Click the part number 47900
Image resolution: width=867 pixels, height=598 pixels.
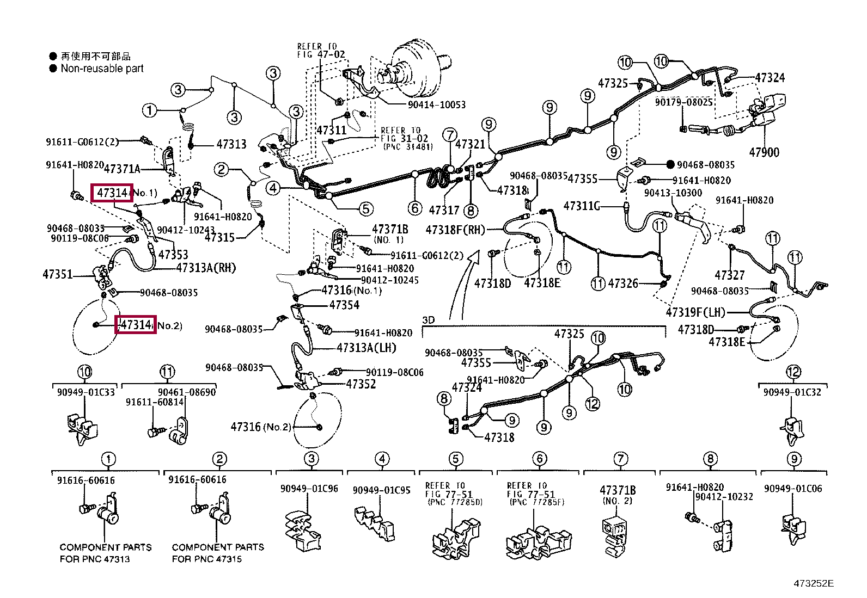tap(764, 152)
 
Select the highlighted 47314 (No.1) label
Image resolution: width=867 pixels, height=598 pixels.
tap(112, 193)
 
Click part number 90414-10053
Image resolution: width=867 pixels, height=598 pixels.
tap(436, 104)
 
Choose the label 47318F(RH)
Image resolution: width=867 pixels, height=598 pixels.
tap(455, 230)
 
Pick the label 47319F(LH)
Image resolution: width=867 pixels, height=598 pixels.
tap(695, 312)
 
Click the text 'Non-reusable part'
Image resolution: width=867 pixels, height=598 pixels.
tap(102, 69)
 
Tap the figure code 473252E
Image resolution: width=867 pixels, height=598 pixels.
tap(814, 583)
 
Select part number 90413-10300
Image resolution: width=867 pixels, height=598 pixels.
tap(673, 193)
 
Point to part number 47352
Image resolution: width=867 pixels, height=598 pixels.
tap(361, 384)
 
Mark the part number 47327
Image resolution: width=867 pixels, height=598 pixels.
tap(729, 275)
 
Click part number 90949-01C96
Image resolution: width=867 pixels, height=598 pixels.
tap(309, 489)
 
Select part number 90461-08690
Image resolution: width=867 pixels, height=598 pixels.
tap(187, 392)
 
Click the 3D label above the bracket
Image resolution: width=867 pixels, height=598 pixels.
tap(429, 320)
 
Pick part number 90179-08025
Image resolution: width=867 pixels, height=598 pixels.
tap(683, 102)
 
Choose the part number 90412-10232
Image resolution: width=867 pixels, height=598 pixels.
tap(724, 496)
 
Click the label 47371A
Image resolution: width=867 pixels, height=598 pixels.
tap(122, 169)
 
